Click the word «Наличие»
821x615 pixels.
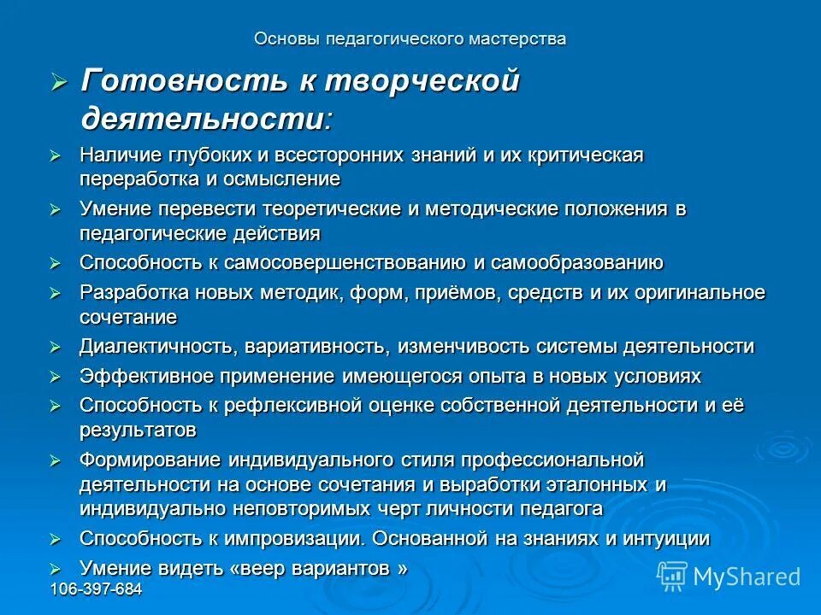click(116, 155)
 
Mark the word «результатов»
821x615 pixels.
click(138, 429)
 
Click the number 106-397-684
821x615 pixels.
click(96, 590)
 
